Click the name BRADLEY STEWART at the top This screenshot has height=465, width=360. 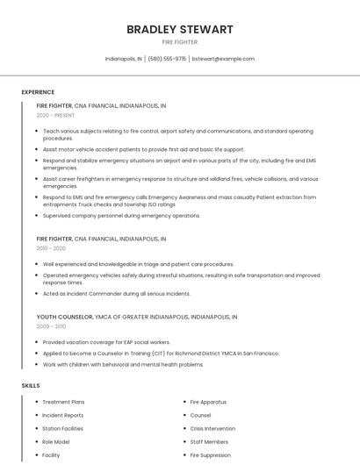point(180,29)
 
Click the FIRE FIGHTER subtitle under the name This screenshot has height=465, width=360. point(180,42)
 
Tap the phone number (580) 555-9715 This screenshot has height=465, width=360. point(167,59)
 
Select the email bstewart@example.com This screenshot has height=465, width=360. point(223,59)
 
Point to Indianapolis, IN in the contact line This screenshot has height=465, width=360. point(123,59)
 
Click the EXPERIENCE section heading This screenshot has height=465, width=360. point(38,92)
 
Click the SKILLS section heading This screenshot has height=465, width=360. point(31,385)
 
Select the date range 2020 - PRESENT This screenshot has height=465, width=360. point(55,115)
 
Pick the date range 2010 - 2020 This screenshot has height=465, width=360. point(51,248)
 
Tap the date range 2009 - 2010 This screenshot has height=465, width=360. point(51,326)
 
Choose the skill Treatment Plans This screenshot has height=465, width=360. point(63,402)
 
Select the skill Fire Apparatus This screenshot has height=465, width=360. point(207,402)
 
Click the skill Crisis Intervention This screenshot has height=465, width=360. point(212,428)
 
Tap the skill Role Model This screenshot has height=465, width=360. point(55,442)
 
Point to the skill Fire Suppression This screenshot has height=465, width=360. point(210,455)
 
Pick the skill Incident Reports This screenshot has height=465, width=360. point(63,415)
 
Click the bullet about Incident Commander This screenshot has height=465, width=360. point(116,294)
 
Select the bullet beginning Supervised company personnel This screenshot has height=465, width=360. point(121,216)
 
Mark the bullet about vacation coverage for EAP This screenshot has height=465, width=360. point(106,342)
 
